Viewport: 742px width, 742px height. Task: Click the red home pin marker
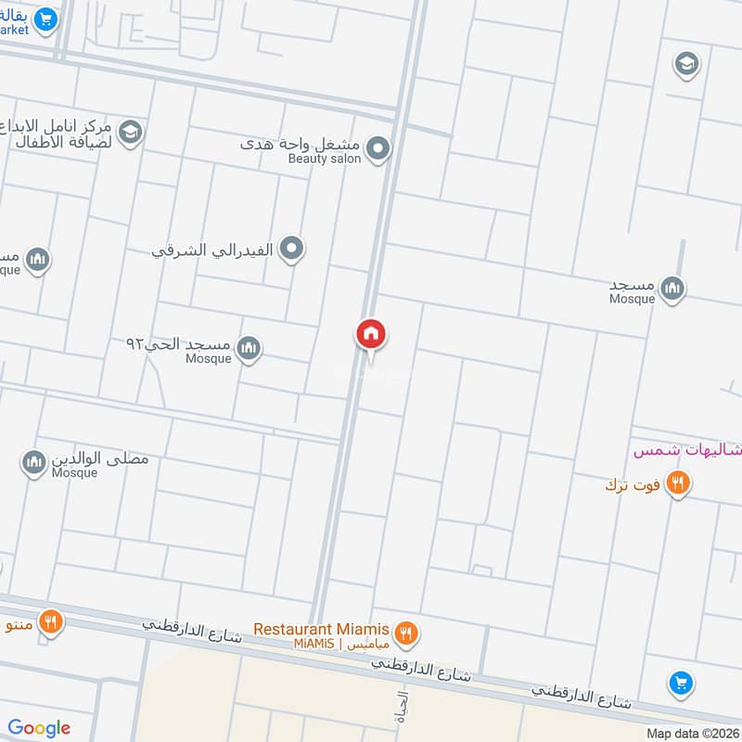tap(371, 335)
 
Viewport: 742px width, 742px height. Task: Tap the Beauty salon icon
tap(377, 148)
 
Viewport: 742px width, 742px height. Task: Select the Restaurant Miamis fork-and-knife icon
tap(405, 633)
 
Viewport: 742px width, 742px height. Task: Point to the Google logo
tap(39, 728)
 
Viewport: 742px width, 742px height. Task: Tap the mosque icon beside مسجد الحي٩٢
tap(248, 349)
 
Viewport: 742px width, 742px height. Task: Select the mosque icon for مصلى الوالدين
tap(34, 461)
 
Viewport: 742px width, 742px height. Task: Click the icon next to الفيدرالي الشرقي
tap(292, 249)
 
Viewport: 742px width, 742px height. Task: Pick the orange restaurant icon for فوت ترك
tap(678, 483)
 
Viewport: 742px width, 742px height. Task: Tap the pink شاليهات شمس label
tap(687, 451)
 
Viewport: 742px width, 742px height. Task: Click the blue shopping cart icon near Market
tap(45, 18)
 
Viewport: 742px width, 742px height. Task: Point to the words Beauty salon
tap(324, 160)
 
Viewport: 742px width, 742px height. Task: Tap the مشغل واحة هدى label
tap(301, 144)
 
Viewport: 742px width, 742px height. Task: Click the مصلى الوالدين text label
tap(101, 459)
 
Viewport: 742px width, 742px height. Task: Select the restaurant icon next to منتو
tap(51, 620)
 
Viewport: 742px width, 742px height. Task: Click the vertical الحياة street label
tap(403, 705)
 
